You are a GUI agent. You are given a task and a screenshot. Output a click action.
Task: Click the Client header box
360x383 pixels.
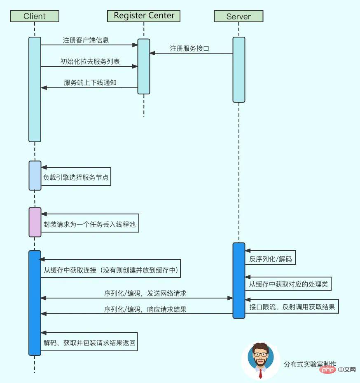(x=35, y=16)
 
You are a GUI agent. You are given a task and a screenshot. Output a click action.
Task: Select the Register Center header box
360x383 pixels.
(x=144, y=16)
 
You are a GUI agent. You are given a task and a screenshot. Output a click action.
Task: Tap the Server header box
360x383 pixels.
(x=238, y=16)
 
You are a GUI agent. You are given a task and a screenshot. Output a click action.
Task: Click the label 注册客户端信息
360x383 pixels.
(x=86, y=40)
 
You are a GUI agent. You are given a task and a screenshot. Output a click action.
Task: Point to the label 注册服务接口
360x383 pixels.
(x=189, y=48)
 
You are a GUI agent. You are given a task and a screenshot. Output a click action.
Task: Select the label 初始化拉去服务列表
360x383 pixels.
(x=90, y=61)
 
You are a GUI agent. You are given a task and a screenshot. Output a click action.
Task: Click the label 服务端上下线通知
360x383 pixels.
(x=90, y=82)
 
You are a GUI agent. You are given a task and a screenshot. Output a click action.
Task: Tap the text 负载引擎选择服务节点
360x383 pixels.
(x=76, y=179)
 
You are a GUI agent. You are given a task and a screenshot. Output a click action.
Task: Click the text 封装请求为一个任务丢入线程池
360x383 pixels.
(x=90, y=225)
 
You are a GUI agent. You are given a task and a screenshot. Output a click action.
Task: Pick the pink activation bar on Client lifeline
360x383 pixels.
(x=35, y=222)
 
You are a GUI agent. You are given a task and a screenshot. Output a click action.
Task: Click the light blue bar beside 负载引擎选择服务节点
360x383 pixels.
(x=35, y=176)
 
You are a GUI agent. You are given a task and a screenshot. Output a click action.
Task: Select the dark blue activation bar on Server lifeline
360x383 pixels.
(x=239, y=280)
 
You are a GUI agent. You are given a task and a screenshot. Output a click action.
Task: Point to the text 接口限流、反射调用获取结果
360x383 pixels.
(x=292, y=307)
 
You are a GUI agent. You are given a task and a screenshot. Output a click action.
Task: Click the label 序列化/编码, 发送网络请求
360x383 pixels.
(x=145, y=294)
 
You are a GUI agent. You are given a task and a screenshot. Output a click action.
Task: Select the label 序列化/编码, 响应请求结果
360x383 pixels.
(x=145, y=309)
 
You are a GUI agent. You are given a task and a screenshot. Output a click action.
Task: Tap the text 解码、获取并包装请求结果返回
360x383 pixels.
(x=89, y=343)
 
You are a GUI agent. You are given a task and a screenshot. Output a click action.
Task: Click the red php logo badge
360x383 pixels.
(x=328, y=369)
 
